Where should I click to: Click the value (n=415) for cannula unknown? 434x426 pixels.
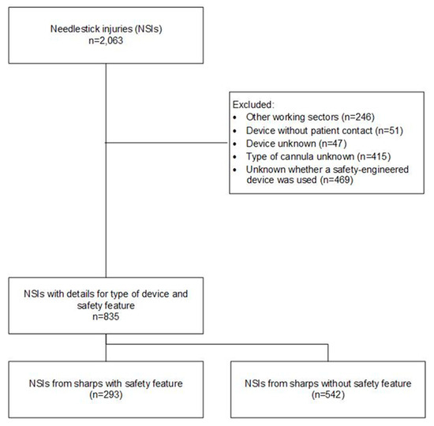click(369, 157)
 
